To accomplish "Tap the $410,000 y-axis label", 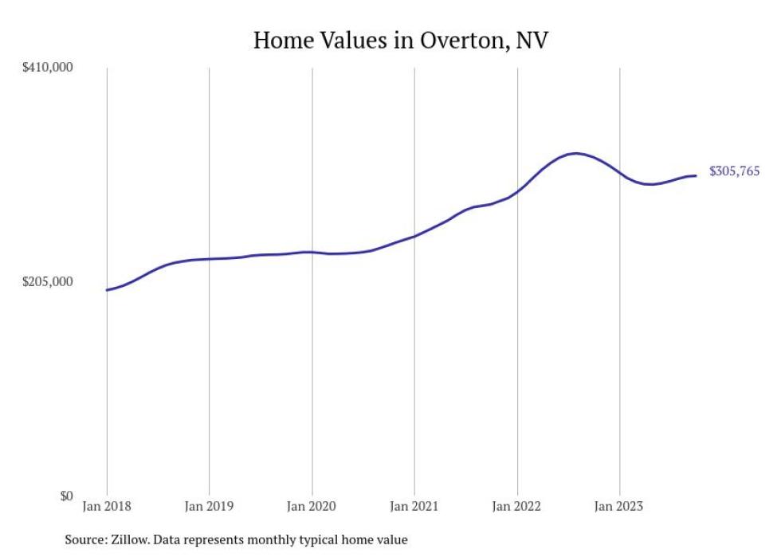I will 47,68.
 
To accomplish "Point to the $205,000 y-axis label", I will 47,281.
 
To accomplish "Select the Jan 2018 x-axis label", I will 107,506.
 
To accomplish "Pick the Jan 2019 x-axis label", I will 209,506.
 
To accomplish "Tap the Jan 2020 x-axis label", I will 312,506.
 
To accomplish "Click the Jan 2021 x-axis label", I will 414,506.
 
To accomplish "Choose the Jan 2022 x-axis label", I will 517,506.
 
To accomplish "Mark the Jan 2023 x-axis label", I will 619,506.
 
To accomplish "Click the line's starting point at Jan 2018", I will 107,290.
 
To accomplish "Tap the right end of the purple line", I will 697,175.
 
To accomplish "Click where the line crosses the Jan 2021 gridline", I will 414,236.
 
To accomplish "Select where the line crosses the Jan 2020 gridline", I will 312,252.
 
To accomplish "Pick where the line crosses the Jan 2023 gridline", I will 619,172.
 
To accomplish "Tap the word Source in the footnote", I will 84,539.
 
